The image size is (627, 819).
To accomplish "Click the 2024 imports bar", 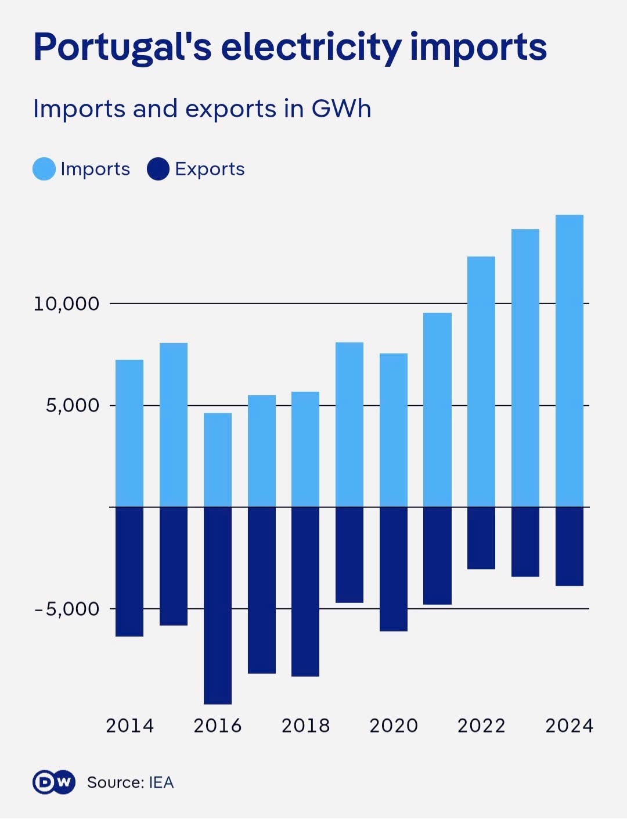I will (x=569, y=360).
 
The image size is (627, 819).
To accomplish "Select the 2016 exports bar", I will (x=218, y=605).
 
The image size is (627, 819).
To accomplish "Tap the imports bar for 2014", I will (x=129, y=433).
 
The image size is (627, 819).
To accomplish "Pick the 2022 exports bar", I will (x=481, y=538).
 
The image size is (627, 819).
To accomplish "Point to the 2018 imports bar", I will (x=305, y=449).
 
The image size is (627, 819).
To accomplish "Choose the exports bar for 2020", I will (x=394, y=569).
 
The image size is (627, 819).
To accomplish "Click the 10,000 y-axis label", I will (x=66, y=304).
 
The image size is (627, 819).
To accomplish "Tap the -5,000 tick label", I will (x=66, y=609).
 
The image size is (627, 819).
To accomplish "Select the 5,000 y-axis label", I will (x=73, y=405).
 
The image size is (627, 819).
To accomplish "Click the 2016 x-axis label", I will (x=218, y=726).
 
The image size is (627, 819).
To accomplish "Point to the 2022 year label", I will (x=481, y=726).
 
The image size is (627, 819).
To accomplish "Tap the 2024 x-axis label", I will (x=569, y=726).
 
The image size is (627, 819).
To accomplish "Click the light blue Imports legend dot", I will (x=44, y=169).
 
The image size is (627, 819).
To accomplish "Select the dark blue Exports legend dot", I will (x=158, y=169).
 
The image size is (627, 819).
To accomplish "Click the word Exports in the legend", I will (x=210, y=169).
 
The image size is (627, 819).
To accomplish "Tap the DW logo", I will (x=53, y=782).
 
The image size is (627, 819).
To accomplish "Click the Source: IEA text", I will (x=131, y=782).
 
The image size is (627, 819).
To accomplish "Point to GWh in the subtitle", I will (x=341, y=109).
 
